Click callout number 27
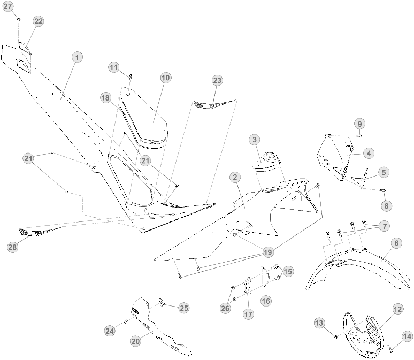click(8, 6)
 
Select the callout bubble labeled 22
click(39, 21)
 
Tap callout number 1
click(77, 57)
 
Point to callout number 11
click(113, 67)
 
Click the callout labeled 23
click(217, 80)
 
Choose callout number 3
click(255, 140)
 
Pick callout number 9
click(359, 124)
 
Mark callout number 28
click(13, 247)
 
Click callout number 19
click(268, 252)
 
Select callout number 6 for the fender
click(396, 243)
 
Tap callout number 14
click(407, 336)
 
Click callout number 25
click(184, 308)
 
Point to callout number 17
click(248, 315)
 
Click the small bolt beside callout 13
click(335, 337)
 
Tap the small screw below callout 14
click(391, 350)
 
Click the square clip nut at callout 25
click(161, 302)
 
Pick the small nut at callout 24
click(125, 321)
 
